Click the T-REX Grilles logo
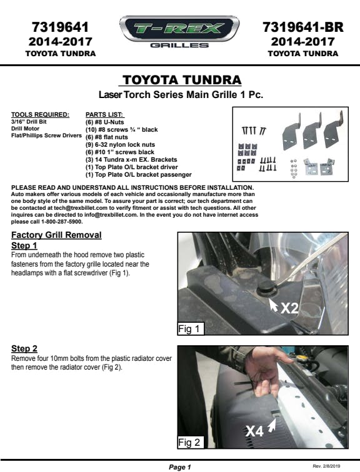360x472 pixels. [179, 32]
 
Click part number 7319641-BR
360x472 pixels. [302, 27]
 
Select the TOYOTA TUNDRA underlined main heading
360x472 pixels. [182, 80]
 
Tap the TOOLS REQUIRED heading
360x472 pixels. [40, 115]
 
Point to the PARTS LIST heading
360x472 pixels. [104, 115]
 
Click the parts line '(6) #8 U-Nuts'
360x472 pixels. [104, 122]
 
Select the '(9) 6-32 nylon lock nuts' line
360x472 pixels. [120, 145]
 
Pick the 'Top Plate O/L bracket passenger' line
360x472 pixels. [139, 175]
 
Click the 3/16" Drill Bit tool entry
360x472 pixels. [29, 122]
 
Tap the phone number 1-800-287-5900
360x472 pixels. [62, 222]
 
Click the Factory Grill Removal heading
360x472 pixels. [56, 235]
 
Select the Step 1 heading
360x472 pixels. [24, 245]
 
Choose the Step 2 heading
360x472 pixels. [24, 348]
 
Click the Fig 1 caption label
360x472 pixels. [191, 328]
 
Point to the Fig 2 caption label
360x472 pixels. [191, 443]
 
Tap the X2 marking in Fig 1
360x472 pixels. [289, 308]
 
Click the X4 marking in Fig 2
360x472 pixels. [254, 431]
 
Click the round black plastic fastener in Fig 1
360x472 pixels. [267, 288]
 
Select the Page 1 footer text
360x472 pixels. [180, 467]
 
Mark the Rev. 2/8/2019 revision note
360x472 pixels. [326, 466]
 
